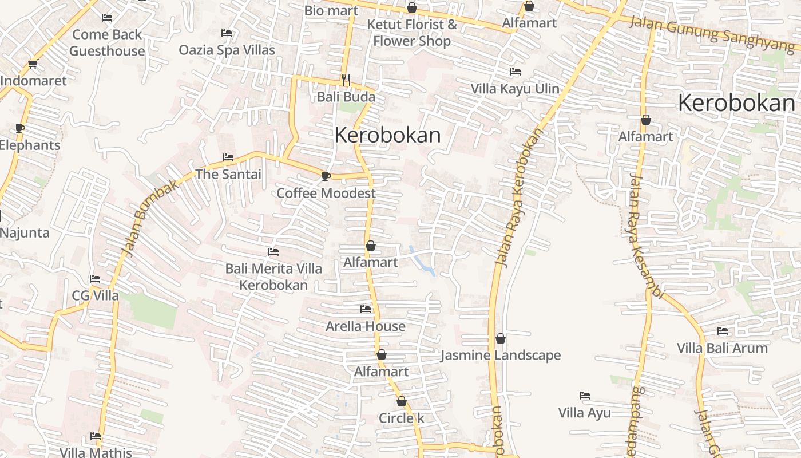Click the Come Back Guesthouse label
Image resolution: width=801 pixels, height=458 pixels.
pos(107,43)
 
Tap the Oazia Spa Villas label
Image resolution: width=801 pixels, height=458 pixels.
pos(227,50)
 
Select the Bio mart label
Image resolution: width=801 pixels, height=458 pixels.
pos(331,10)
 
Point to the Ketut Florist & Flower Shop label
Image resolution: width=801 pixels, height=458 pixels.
pos(412,33)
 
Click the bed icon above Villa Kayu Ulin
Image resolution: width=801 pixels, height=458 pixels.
pos(516,72)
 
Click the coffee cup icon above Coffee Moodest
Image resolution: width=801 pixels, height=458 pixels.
pos(326,176)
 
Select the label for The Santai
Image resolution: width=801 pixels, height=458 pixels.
pos(228,174)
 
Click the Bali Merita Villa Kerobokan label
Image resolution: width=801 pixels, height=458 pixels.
pos(273,277)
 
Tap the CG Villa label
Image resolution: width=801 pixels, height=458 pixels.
pos(96,295)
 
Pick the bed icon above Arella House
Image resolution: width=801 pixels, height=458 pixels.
pos(366,309)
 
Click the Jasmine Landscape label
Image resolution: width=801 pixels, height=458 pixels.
pos(501,355)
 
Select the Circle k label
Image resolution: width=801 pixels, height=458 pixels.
pos(402,418)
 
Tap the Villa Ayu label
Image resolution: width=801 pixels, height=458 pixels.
pos(584,412)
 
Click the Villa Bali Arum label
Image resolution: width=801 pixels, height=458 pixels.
pos(722,348)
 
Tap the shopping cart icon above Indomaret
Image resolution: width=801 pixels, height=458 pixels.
pos(33,64)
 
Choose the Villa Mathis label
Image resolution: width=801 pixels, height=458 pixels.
pos(96,452)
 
